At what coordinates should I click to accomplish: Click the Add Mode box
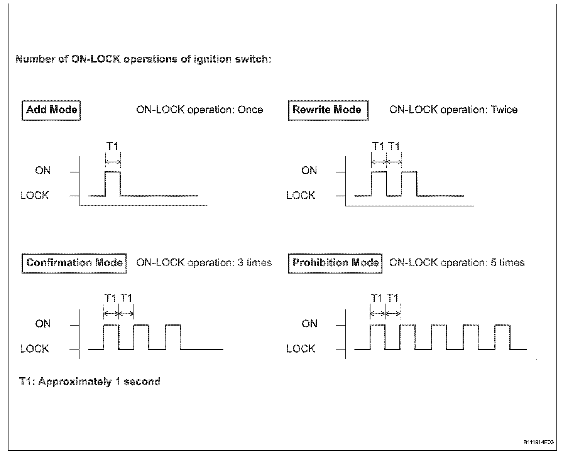(x=51, y=110)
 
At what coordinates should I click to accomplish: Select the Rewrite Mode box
(x=328, y=110)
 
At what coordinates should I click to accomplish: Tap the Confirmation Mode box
(x=74, y=263)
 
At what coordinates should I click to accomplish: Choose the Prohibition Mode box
(x=335, y=263)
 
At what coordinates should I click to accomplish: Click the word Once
(x=250, y=110)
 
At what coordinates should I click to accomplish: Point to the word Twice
(x=504, y=110)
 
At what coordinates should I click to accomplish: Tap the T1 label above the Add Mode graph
(x=112, y=147)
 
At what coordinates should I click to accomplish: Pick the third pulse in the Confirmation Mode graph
(x=172, y=336)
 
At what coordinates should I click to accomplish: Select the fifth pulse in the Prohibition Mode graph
(x=502, y=336)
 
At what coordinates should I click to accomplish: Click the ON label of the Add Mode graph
(x=43, y=171)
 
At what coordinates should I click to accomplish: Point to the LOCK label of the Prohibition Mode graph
(x=301, y=349)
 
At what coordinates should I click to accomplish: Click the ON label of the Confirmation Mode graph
(x=43, y=324)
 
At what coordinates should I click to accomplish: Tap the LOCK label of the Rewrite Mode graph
(x=301, y=196)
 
